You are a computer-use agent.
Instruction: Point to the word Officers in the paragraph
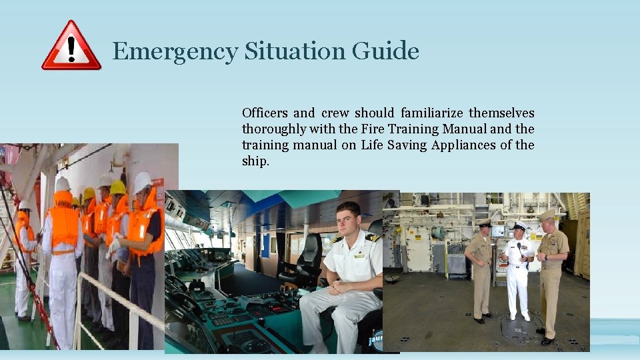click(265, 113)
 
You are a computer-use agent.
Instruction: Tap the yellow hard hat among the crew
click(118, 187)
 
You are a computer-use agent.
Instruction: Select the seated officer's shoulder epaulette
click(372, 237)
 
